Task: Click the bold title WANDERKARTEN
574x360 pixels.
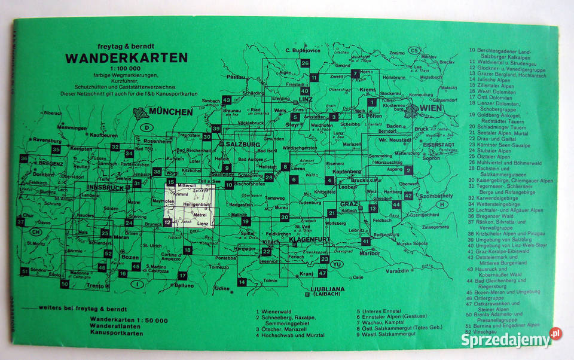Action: point(126,58)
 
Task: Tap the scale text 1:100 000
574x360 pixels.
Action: point(126,68)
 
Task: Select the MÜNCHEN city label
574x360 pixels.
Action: point(171,112)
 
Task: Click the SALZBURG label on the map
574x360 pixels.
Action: point(242,145)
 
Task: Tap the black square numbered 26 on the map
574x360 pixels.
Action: point(305,63)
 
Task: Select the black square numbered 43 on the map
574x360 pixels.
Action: point(226,100)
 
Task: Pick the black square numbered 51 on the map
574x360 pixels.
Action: point(25,271)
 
